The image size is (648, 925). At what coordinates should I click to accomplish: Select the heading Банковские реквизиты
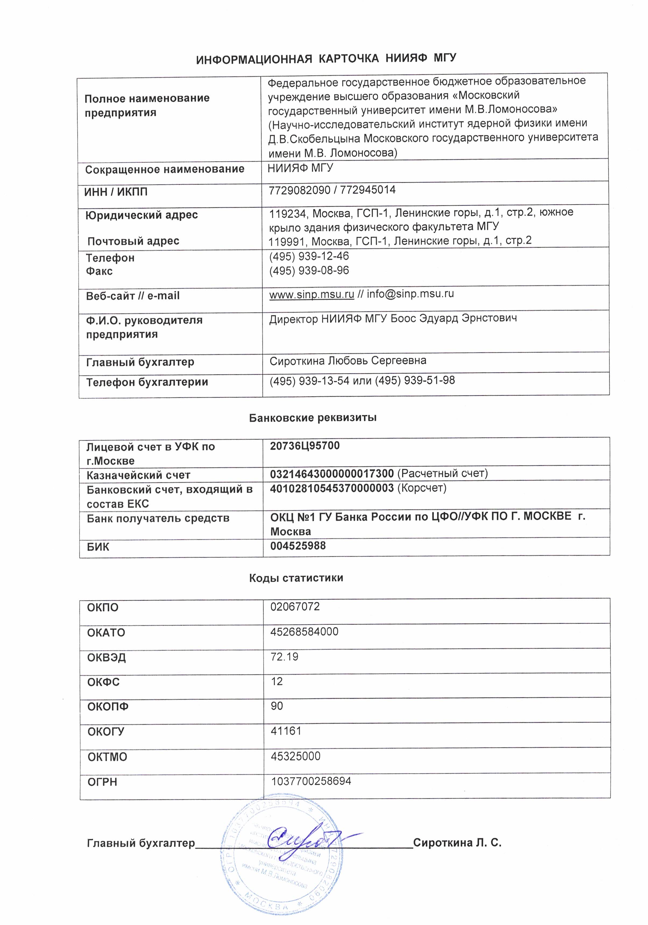pyautogui.click(x=313, y=417)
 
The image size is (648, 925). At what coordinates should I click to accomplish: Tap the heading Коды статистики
pyautogui.click(x=296, y=578)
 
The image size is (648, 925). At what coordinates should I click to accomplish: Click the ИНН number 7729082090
pyautogui.click(x=300, y=190)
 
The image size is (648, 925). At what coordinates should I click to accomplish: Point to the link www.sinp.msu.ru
pyautogui.click(x=311, y=294)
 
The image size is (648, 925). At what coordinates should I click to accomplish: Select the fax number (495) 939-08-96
pyautogui.click(x=309, y=270)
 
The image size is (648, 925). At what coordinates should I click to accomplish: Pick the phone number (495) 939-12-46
pyautogui.click(x=309, y=256)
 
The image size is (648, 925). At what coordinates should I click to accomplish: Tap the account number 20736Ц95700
pyautogui.click(x=304, y=446)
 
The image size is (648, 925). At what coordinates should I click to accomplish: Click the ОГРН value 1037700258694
pyautogui.click(x=311, y=781)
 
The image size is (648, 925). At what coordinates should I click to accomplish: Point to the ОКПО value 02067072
pyautogui.click(x=295, y=607)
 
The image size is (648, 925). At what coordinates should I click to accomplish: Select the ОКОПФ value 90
pyautogui.click(x=277, y=706)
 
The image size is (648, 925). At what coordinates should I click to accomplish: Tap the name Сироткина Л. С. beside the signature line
pyautogui.click(x=457, y=843)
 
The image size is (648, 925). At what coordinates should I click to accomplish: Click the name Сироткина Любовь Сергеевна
pyautogui.click(x=348, y=361)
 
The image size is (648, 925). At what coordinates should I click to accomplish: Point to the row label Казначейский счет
pyautogui.click(x=138, y=475)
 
